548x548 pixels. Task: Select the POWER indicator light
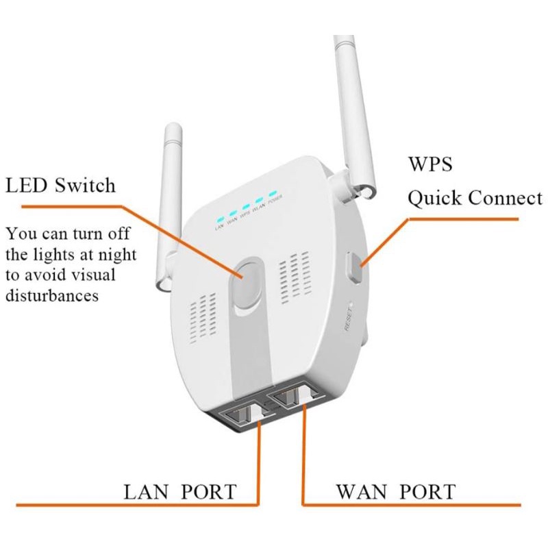pyautogui.click(x=274, y=194)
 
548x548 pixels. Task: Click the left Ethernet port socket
pyautogui.click(x=241, y=414)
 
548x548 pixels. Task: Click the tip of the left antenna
pyautogui.click(x=172, y=129)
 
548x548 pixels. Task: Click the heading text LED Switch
pyautogui.click(x=60, y=185)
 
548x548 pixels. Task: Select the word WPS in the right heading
pyautogui.click(x=430, y=166)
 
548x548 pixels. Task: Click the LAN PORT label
pyautogui.click(x=179, y=491)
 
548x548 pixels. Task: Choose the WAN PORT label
pyautogui.click(x=395, y=491)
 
